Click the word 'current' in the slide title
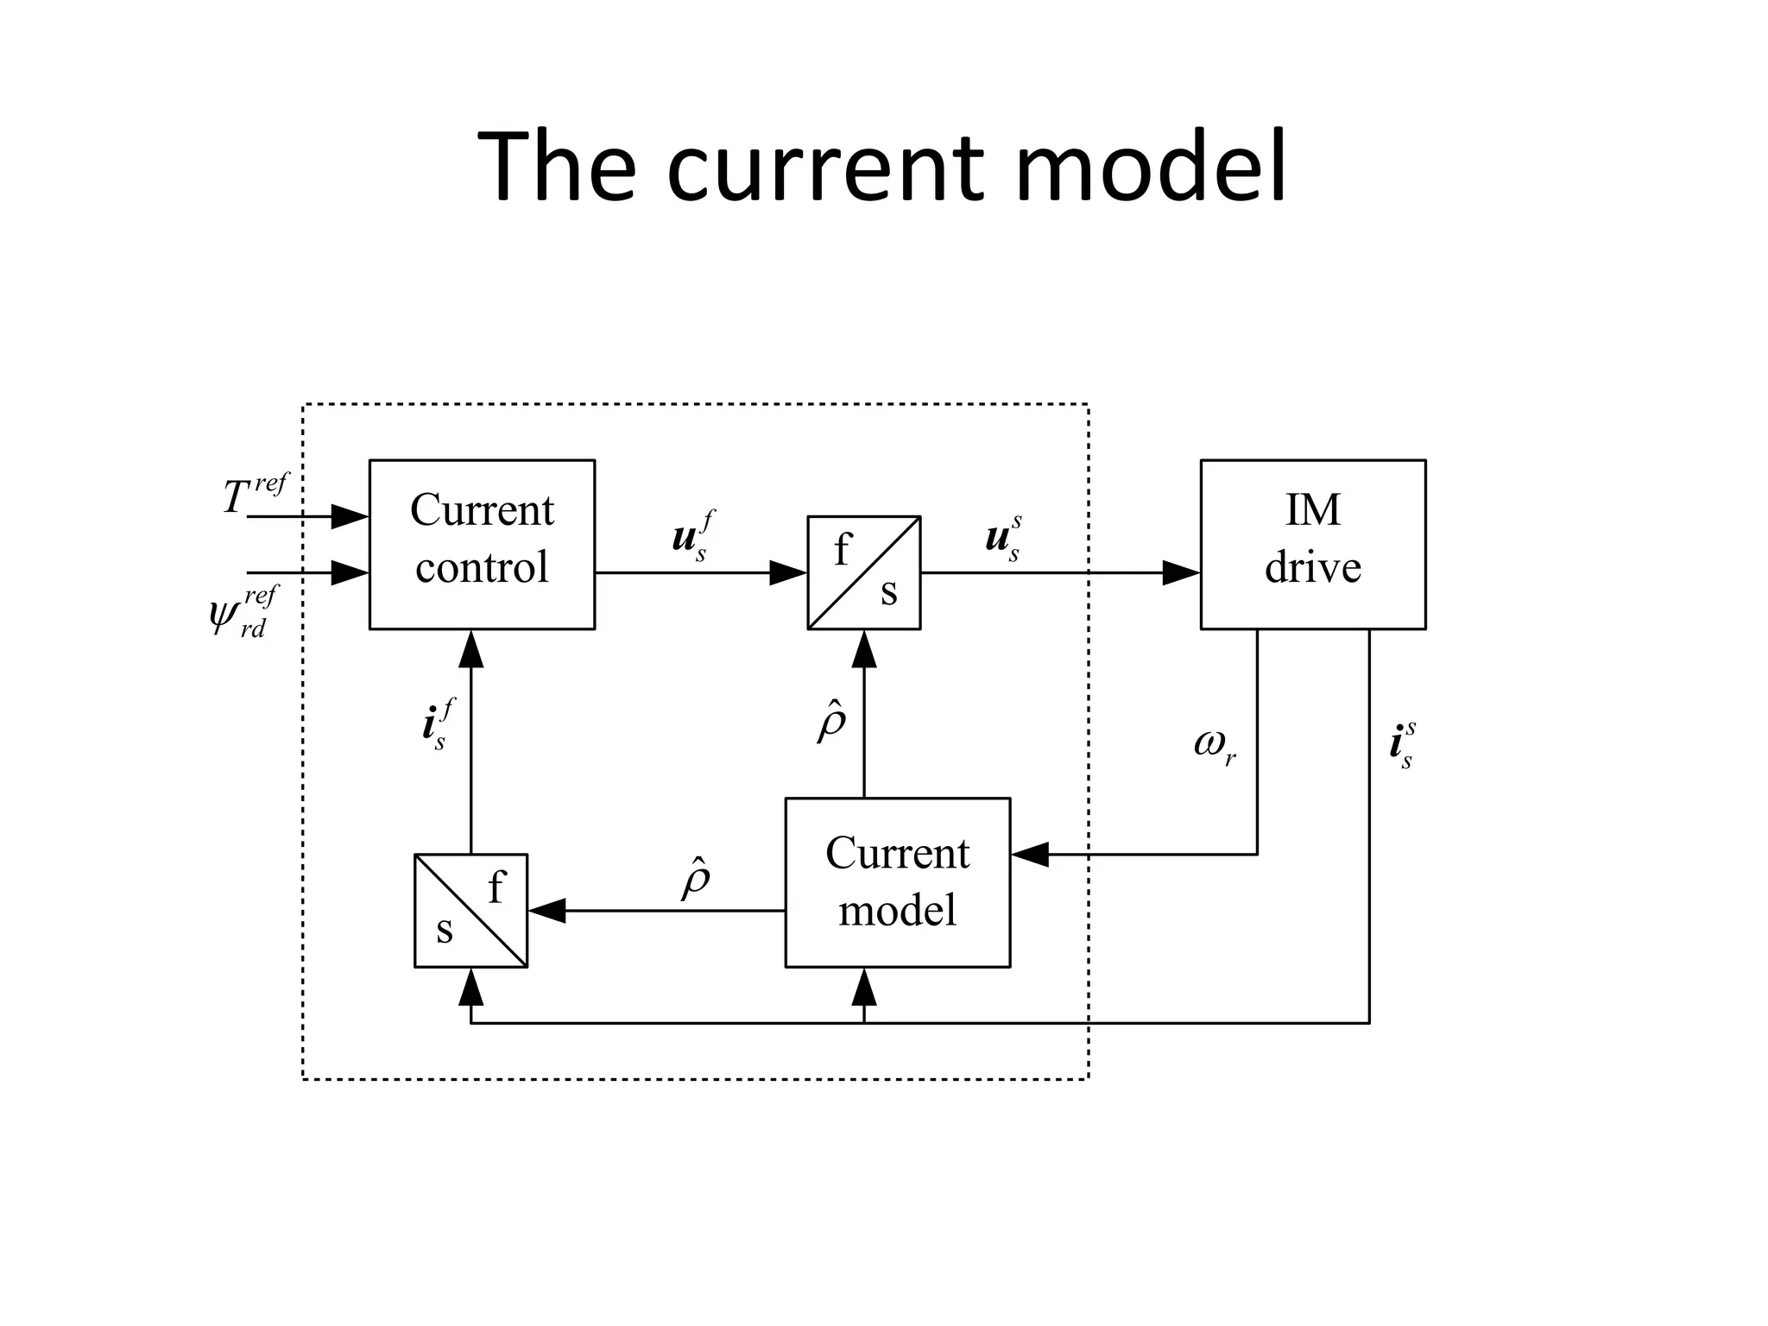coord(824,168)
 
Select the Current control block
coord(482,544)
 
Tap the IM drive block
coord(1312,544)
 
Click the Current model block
coord(897,881)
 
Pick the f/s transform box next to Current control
coord(864,572)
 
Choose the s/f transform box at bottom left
coord(470,910)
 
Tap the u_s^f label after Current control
coord(693,536)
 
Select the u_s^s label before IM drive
coord(1004,537)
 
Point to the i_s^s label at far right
coord(1402,745)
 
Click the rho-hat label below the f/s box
coord(831,723)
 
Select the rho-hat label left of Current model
coord(696,879)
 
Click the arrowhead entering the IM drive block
coord(1181,572)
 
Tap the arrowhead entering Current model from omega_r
coord(1029,854)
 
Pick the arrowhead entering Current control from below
coord(470,649)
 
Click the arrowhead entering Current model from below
coord(864,987)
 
